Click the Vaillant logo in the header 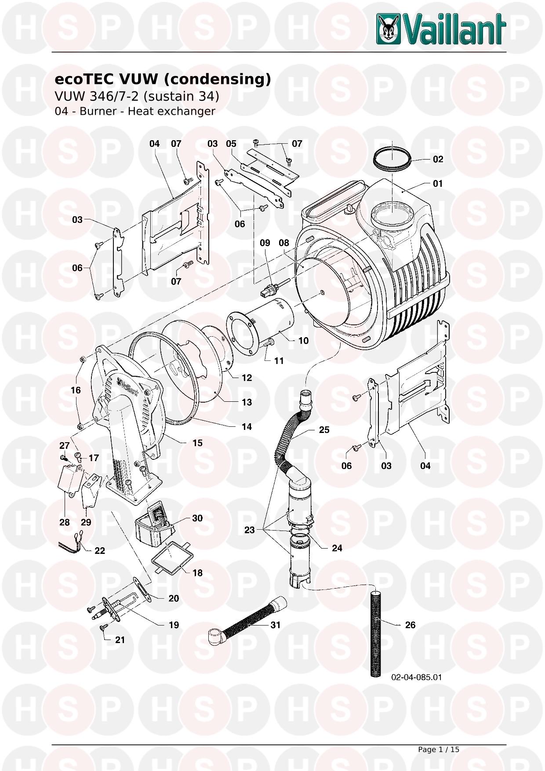coord(441,29)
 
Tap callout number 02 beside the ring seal coord(438,159)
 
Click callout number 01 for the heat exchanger coord(438,183)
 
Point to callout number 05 coord(231,144)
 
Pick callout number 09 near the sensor coord(265,243)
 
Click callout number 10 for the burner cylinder coord(303,341)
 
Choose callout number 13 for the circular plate coord(247,402)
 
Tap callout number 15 coord(197,443)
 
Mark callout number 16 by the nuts coord(76,390)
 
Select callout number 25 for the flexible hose coord(324,429)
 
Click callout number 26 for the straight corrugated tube coord(410,625)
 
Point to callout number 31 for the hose coord(275,625)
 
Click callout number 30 coord(197,518)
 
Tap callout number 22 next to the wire coord(100,550)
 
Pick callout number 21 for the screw coord(120,640)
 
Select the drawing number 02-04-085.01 coord(416,677)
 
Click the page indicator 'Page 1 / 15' coord(438,749)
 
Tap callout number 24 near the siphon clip coord(337,548)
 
